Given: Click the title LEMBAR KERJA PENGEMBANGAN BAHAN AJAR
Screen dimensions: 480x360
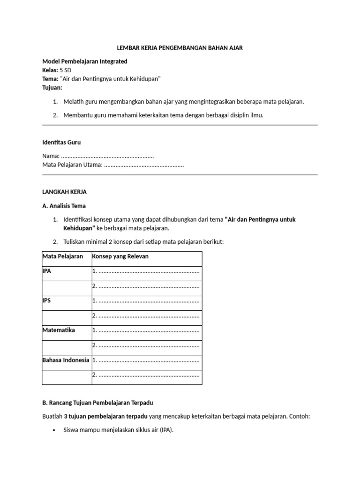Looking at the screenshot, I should point(180,48).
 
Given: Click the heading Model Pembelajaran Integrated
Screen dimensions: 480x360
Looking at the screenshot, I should point(85,61).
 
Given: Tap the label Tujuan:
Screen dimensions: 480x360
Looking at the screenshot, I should point(52,88).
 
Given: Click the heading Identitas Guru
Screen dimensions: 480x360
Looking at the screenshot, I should point(64,142).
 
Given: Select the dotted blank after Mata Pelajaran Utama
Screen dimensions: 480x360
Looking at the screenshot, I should point(143,165).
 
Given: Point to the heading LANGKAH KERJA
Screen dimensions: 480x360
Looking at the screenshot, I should point(65,192).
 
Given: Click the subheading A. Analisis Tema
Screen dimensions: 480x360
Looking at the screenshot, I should point(64,206).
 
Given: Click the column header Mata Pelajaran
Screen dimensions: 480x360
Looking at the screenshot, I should point(63,256).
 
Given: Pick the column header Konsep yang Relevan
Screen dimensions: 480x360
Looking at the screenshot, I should point(120,256).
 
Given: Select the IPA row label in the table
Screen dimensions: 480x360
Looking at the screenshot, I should point(47,271).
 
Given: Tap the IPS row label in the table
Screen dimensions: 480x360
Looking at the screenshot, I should point(47,300).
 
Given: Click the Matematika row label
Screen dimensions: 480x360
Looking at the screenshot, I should point(59,330).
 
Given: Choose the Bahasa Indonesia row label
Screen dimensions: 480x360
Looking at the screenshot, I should point(66,360).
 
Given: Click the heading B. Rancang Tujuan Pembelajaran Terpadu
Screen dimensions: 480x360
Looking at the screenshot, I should point(97,403).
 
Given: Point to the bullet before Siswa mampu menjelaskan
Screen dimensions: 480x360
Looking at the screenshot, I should point(55,430).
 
